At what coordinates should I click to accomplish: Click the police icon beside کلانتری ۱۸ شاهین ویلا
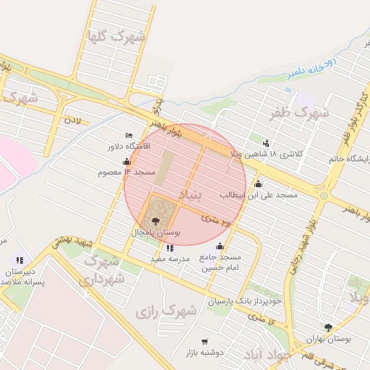tap(266, 142)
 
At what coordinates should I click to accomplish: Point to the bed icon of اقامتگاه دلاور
tap(129, 135)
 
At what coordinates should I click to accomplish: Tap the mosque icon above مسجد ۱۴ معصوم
tap(127, 161)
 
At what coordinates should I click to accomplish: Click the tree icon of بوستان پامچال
tap(157, 220)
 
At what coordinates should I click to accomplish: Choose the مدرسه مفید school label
tap(170, 258)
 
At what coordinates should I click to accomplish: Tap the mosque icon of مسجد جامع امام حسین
tap(220, 246)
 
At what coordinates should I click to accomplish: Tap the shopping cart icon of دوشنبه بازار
tap(205, 341)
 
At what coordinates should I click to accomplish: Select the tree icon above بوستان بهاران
tap(329, 327)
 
